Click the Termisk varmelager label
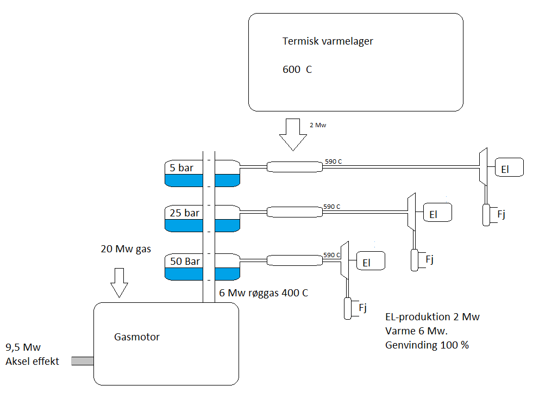[x=328, y=41]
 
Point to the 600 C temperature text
[x=297, y=70]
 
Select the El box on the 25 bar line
[x=437, y=214]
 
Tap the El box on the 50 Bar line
[x=370, y=262]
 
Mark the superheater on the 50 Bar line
[x=294, y=260]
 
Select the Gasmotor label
[x=137, y=337]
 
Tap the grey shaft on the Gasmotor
[x=83, y=360]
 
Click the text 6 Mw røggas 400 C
[x=264, y=293]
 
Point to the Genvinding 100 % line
[x=427, y=345]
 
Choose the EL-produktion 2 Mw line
[x=432, y=317]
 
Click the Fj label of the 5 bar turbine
[x=501, y=214]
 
